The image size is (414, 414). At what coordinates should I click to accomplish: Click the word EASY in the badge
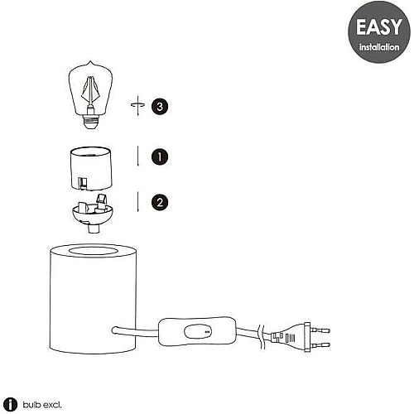pyautogui.click(x=379, y=26)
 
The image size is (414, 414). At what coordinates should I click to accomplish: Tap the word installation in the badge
pyautogui.click(x=379, y=47)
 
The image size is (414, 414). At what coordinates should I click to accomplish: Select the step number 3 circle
pyautogui.click(x=160, y=107)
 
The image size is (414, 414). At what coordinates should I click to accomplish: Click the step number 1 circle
pyautogui.click(x=160, y=156)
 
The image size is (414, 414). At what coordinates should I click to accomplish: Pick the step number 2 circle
pyautogui.click(x=160, y=202)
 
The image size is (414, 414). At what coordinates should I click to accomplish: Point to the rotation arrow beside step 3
pyautogui.click(x=137, y=105)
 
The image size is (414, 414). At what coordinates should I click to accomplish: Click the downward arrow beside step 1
pyautogui.click(x=137, y=156)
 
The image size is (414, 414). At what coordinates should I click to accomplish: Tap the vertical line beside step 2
pyautogui.click(x=137, y=202)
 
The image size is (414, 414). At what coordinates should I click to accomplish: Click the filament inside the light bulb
pyautogui.click(x=90, y=91)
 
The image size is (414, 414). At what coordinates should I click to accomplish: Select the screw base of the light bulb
pyautogui.click(x=90, y=121)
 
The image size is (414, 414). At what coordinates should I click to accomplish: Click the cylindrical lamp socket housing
pyautogui.click(x=91, y=168)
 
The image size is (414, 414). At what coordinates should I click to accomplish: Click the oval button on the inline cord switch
pyautogui.click(x=198, y=331)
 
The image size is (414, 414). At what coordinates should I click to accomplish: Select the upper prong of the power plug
pyautogui.click(x=320, y=330)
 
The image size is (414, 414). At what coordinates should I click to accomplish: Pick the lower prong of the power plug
pyautogui.click(x=320, y=344)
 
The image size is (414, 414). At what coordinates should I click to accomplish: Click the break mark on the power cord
pyautogui.click(x=261, y=337)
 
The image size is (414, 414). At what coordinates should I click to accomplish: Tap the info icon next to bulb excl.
pyautogui.click(x=10, y=405)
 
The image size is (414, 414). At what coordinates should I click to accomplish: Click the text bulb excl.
pyautogui.click(x=42, y=405)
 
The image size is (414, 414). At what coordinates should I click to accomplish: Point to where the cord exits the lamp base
pyautogui.click(x=114, y=330)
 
